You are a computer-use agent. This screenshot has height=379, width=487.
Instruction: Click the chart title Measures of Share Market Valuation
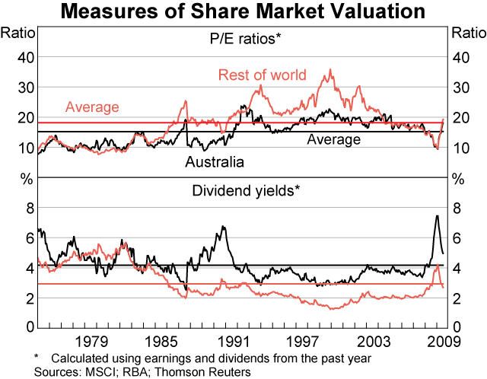point(243,11)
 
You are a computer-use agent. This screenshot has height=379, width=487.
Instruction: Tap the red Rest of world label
point(262,75)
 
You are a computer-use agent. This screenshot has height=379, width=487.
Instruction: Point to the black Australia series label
point(215,162)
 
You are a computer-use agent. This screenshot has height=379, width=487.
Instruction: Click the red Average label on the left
point(92,107)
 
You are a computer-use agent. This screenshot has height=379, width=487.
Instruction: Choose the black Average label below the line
point(334,140)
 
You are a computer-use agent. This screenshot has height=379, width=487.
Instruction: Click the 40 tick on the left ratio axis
point(26,57)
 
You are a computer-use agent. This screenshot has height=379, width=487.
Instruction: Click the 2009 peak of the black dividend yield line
point(437,216)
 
